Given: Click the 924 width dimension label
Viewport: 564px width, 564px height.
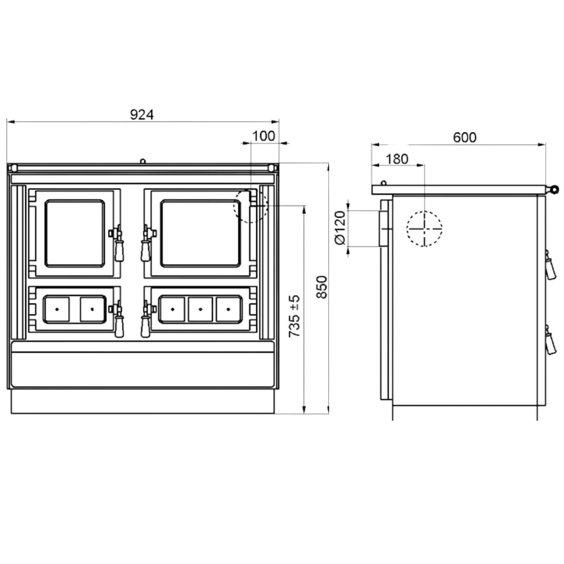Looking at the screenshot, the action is click(x=141, y=115).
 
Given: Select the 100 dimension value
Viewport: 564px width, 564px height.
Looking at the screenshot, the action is click(x=263, y=136).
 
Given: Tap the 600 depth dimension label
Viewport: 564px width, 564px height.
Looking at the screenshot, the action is click(x=464, y=138).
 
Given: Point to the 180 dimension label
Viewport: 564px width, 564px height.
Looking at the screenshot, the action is click(x=397, y=159).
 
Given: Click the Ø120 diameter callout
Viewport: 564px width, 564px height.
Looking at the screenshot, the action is click(x=340, y=228).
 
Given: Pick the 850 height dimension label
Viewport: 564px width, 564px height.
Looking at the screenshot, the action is click(x=321, y=287).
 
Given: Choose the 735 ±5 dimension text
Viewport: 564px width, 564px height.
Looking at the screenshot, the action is click(x=294, y=316).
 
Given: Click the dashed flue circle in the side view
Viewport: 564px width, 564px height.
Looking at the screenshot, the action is click(x=424, y=228).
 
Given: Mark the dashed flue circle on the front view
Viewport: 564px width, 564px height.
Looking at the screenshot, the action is click(x=251, y=206).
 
